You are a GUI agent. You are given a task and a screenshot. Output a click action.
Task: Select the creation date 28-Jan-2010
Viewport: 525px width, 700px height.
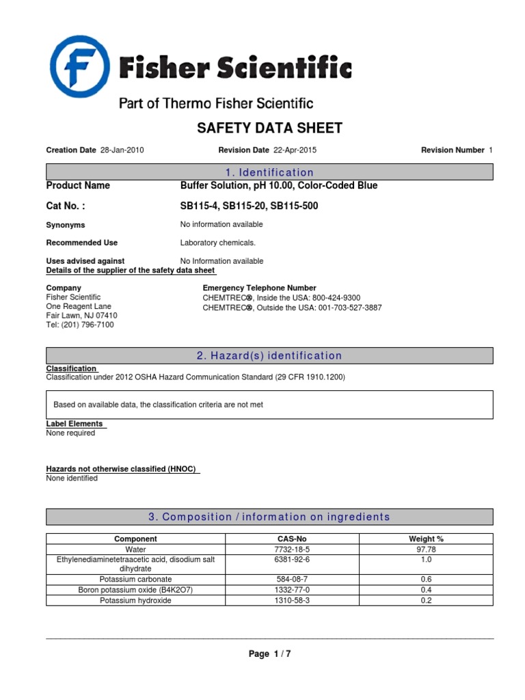[x=122, y=150]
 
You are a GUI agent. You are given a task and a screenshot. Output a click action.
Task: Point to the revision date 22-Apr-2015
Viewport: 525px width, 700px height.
[x=295, y=150]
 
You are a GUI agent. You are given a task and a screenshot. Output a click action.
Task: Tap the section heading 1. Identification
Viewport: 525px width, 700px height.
[x=269, y=172]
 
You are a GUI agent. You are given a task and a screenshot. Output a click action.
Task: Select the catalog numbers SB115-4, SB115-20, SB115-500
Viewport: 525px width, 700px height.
[x=249, y=206]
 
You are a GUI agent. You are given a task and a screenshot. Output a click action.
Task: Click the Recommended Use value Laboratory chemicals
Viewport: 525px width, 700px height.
[x=217, y=243]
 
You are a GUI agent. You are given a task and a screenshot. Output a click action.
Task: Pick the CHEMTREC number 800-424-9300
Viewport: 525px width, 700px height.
[x=336, y=298]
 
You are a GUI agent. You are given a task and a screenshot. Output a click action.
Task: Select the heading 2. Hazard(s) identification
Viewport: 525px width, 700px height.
[x=269, y=356]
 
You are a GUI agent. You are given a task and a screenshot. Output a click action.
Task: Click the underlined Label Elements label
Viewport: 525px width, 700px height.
[x=75, y=424]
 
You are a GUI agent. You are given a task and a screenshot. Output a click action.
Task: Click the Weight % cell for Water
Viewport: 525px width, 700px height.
[x=426, y=549]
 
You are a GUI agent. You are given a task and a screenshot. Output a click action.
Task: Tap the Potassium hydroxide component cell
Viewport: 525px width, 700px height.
[x=135, y=600]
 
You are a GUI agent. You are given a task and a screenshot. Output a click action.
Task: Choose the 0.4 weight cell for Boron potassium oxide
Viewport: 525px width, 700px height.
[x=426, y=589]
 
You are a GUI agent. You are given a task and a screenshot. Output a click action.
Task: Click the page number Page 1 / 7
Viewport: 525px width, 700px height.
[x=269, y=654]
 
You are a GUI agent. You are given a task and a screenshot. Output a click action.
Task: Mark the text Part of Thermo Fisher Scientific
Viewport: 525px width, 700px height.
[x=216, y=104]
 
